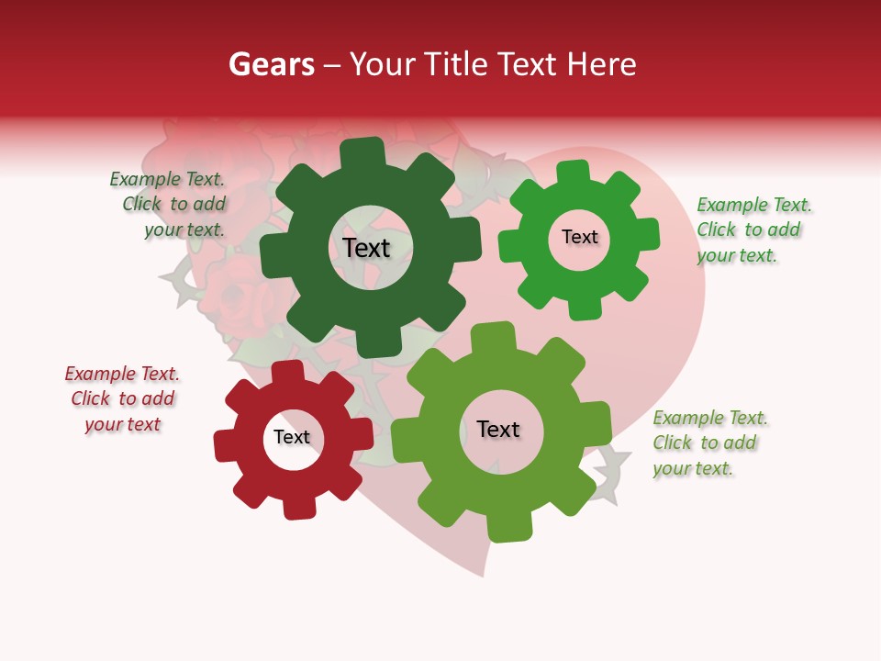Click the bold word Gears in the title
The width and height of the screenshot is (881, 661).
click(270, 64)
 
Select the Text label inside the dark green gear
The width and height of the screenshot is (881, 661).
click(366, 248)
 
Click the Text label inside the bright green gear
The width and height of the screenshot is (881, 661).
click(579, 237)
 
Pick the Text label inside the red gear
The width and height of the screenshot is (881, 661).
click(292, 437)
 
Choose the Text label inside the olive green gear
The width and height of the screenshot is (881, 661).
click(498, 430)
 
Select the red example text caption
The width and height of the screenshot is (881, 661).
click(123, 398)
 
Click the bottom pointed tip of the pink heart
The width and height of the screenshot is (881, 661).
click(483, 573)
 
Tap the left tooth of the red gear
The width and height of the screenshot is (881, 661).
click(225, 446)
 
